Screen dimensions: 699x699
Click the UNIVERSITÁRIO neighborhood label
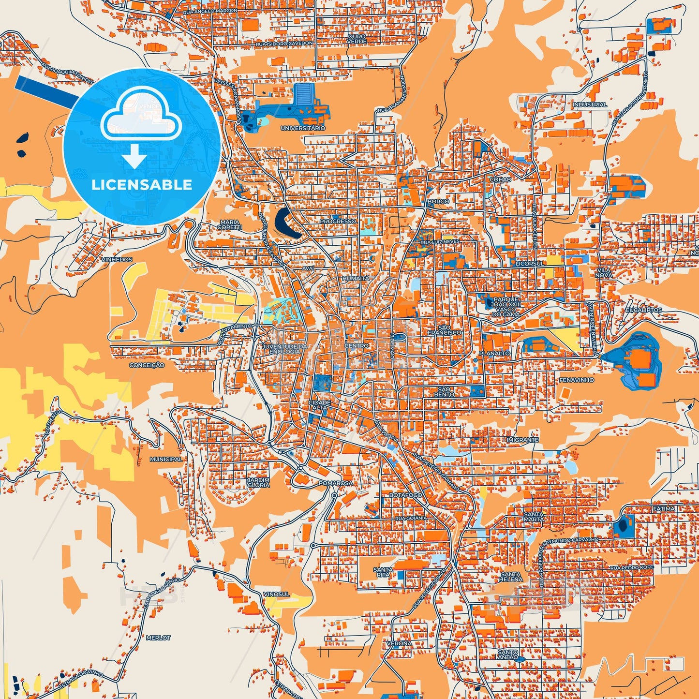tap(303, 128)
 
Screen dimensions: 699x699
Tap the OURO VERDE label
tap(357, 39)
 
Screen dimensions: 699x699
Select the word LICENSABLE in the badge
tap(142, 184)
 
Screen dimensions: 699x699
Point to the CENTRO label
tap(357, 346)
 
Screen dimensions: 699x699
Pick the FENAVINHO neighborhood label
tap(577, 380)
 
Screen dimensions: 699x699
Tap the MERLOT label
tap(158, 638)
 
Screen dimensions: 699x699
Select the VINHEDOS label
tap(117, 260)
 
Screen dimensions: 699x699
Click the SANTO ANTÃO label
tap(508, 655)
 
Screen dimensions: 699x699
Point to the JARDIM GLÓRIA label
tap(258, 482)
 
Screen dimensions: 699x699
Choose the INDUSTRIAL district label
tap(590, 104)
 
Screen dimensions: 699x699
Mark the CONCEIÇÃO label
tap(147, 365)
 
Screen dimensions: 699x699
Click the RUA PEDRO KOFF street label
tap(631, 567)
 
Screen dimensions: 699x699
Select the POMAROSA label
tap(336, 483)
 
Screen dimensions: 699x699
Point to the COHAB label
tap(500, 179)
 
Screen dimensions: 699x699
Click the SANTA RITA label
tap(383, 572)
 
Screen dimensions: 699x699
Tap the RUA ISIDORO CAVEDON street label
tap(284, 44)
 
